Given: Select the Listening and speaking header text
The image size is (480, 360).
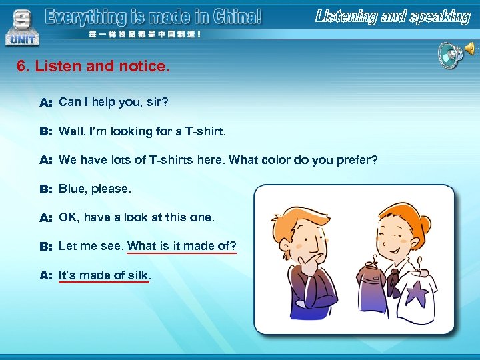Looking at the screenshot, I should (x=393, y=17).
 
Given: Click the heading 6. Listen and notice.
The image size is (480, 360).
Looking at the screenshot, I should (x=94, y=67).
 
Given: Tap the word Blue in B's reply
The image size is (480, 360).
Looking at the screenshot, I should (x=71, y=189).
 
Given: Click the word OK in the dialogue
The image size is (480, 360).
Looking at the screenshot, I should (x=67, y=217).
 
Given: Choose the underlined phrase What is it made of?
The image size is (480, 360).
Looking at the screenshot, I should (x=181, y=246).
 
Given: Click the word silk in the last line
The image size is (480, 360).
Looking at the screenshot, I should (x=138, y=275).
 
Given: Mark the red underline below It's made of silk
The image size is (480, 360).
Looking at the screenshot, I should (x=104, y=282).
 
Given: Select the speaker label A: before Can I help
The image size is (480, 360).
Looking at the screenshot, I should (x=46, y=103).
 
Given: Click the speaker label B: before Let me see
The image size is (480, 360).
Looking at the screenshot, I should (x=46, y=247).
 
